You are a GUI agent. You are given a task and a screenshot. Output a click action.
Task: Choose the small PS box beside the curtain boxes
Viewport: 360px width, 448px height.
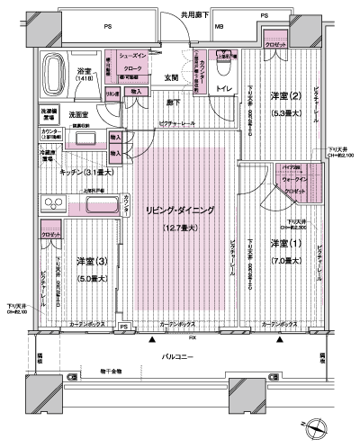tap(136, 327)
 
